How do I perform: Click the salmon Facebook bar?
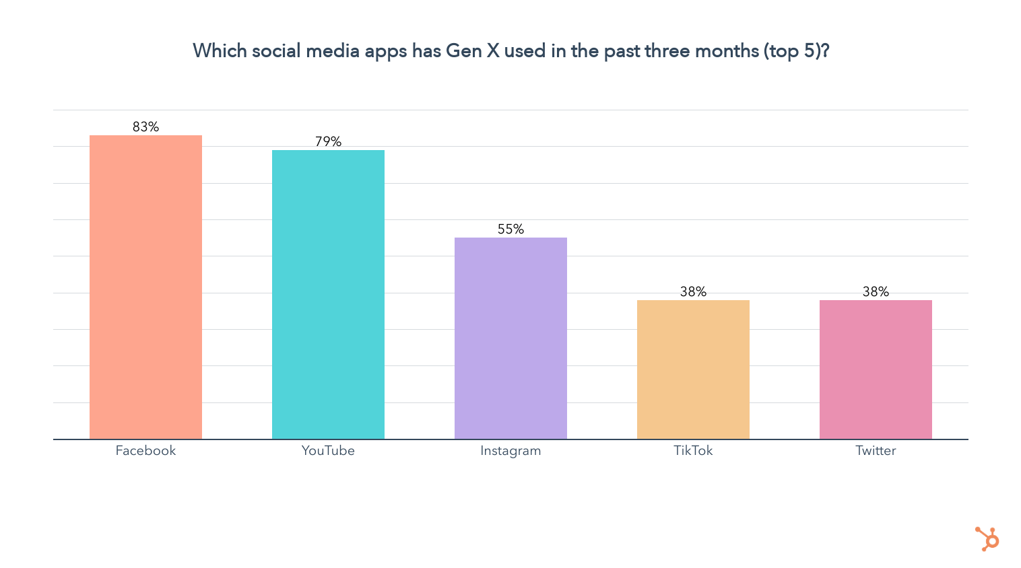(x=145, y=287)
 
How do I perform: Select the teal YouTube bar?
(x=328, y=295)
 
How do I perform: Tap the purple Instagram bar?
(x=510, y=339)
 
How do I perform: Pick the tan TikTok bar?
(x=693, y=369)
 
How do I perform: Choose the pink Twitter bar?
(x=876, y=369)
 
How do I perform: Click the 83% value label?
(x=145, y=127)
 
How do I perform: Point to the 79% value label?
(x=328, y=141)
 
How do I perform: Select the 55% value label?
(x=510, y=229)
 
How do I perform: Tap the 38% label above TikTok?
(x=693, y=291)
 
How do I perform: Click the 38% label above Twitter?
(x=876, y=291)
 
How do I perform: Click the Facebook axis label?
(x=145, y=451)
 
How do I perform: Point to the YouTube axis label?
(x=328, y=451)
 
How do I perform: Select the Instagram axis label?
(x=510, y=451)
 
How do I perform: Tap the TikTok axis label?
(x=693, y=451)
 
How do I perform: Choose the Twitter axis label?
(x=876, y=451)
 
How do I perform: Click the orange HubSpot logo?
(x=987, y=539)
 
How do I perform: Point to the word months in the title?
(x=725, y=51)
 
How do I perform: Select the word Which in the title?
(x=220, y=51)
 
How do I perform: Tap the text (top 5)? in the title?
(x=796, y=51)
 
